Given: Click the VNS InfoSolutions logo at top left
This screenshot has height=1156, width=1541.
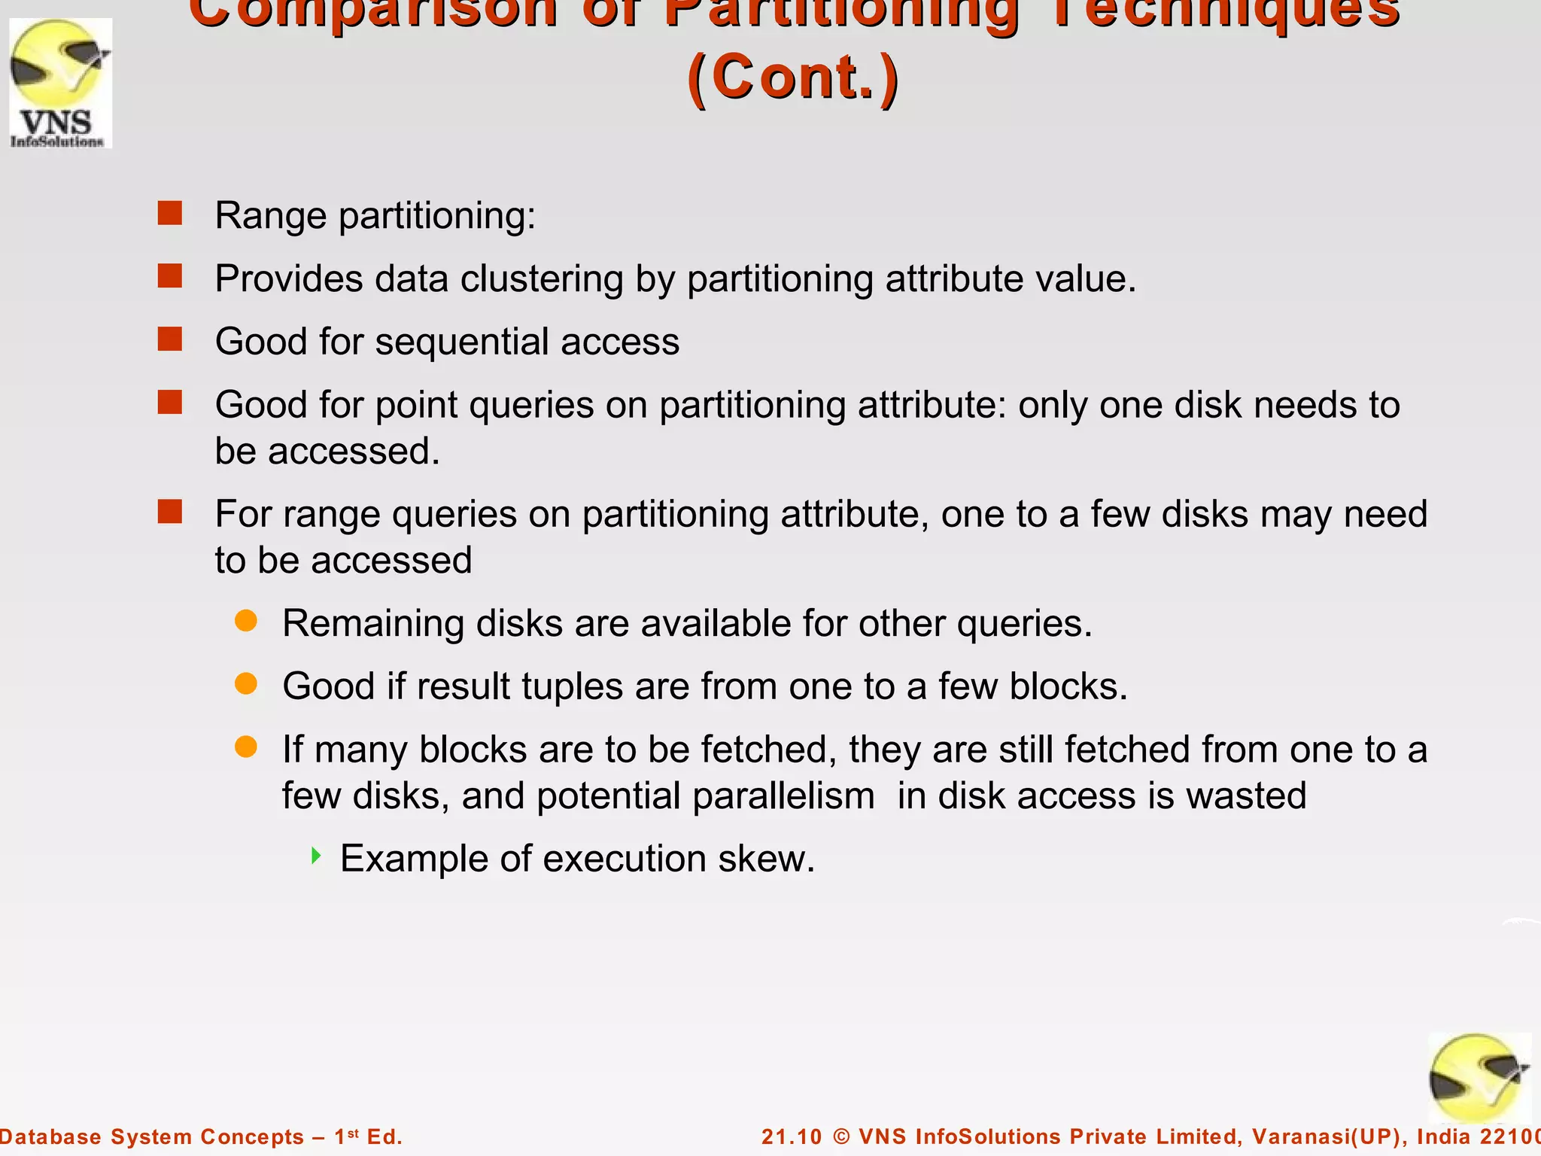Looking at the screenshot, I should pyautogui.click(x=60, y=84).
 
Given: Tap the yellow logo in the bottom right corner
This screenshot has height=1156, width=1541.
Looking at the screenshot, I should pyautogui.click(x=1479, y=1078).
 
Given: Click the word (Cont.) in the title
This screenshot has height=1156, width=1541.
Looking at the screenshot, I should pyautogui.click(x=792, y=78).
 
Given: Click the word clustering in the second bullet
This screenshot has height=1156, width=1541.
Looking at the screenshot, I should pyautogui.click(x=542, y=279).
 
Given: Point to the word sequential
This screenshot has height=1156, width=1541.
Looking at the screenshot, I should pyautogui.click(x=461, y=342).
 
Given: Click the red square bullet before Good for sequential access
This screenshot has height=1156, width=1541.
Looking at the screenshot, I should pyautogui.click(x=170, y=339).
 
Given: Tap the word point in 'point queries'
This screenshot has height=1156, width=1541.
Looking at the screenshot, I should pyautogui.click(x=415, y=406).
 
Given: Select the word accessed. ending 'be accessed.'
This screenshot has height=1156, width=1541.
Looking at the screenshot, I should pyautogui.click(x=354, y=452).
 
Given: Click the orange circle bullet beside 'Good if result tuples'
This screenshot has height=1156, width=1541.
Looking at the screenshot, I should pyautogui.click(x=246, y=683).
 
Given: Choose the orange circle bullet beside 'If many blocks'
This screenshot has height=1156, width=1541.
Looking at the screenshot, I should pyautogui.click(x=246, y=747).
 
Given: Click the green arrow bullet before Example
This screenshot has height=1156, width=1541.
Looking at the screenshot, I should pyautogui.click(x=316, y=856).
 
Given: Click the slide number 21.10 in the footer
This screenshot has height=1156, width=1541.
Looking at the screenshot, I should pyautogui.click(x=792, y=1136).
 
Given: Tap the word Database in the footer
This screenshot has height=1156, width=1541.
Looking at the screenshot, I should pyautogui.click(x=50, y=1136).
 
